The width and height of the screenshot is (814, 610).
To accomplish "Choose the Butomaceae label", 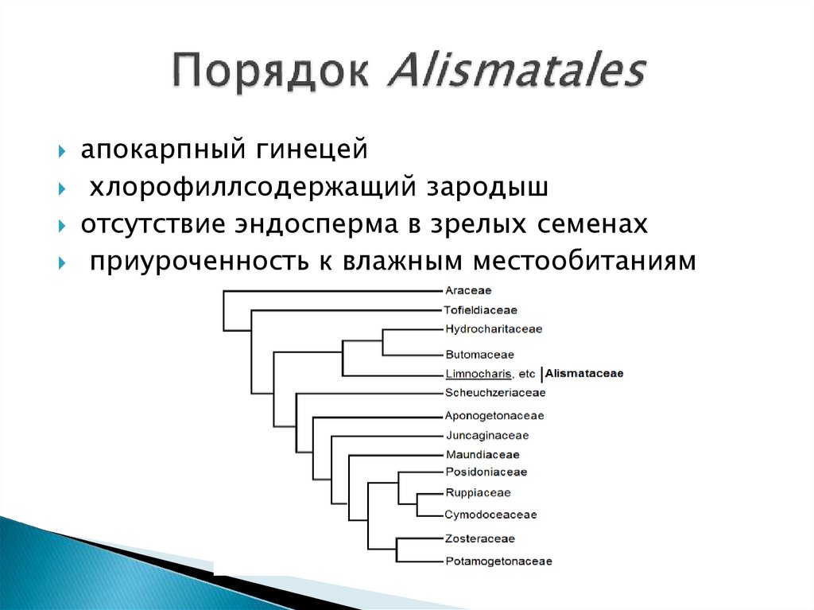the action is click(479, 355).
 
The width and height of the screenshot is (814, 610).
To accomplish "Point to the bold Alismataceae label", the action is click(584, 373).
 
